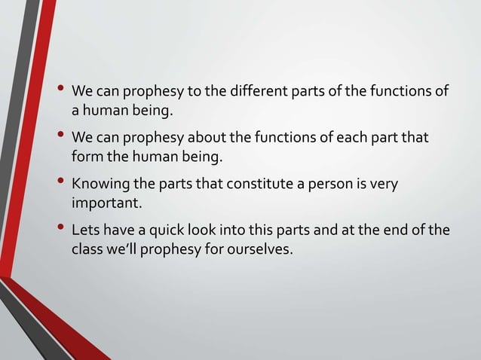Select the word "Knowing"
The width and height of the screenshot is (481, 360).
pos(97,185)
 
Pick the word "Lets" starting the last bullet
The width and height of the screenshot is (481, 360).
pos(84,231)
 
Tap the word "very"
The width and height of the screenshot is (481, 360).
pos(384,185)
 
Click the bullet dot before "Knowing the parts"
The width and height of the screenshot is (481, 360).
pos(60,182)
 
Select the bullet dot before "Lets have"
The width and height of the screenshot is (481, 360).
pos(60,228)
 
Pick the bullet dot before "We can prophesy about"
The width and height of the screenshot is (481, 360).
pos(60,136)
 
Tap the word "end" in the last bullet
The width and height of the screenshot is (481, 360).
pos(398,231)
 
